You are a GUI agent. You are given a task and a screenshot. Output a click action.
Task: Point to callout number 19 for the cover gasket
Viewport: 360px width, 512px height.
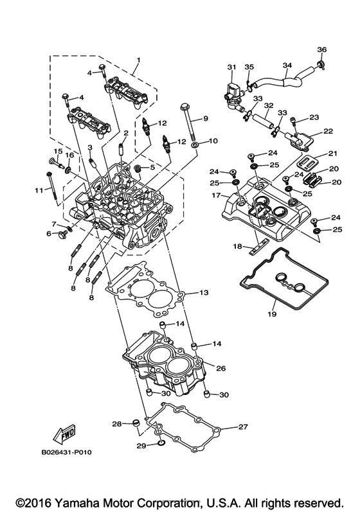[271, 314]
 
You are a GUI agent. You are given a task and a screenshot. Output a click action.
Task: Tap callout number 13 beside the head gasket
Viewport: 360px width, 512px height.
[203, 293]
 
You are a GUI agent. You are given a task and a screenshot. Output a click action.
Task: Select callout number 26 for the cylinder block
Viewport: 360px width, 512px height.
[221, 369]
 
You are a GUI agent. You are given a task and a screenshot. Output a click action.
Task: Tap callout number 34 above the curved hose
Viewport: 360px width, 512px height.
[287, 66]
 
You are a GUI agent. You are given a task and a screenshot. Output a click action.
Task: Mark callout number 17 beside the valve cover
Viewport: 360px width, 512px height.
[217, 195]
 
